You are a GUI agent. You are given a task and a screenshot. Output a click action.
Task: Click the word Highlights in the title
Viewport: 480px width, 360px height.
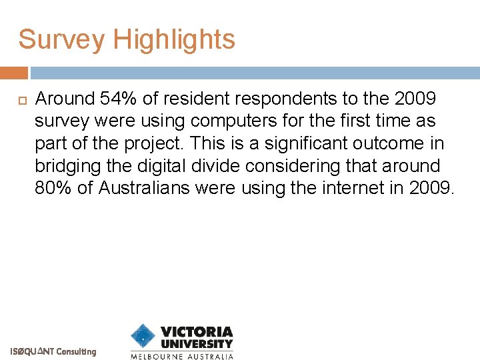point(174,40)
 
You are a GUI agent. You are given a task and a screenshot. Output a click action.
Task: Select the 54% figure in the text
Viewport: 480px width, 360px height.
point(119,99)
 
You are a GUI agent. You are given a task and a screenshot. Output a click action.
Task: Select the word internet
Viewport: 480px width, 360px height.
point(349,188)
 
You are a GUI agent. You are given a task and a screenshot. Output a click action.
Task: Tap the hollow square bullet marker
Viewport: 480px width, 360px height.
point(19,99)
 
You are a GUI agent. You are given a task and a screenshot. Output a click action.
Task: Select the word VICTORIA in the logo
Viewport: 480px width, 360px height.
point(197,331)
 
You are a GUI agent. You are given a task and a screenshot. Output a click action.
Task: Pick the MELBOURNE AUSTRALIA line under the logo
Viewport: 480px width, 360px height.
point(181,356)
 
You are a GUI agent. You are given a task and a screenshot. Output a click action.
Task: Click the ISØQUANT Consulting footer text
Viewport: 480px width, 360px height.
point(53,351)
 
